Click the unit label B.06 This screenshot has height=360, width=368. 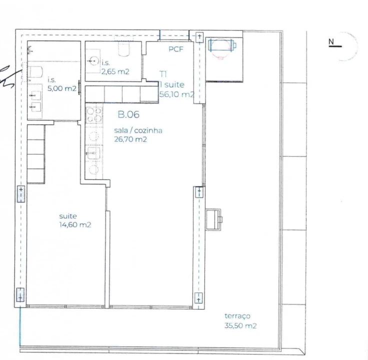tap(128, 114)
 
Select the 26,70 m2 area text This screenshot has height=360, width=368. tap(130, 140)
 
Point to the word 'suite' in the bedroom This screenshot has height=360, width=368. tap(68, 216)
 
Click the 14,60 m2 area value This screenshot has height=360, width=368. tap(75, 225)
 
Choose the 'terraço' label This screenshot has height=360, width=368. tap(237, 316)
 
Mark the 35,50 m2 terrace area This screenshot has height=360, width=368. tap(240, 326)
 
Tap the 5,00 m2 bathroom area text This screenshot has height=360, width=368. tap(62, 89)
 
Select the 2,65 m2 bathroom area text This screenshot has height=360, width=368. tap(115, 71)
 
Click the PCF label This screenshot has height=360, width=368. tap(176, 49)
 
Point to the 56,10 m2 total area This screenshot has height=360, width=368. tap(176, 94)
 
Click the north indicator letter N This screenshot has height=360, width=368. tap(331, 41)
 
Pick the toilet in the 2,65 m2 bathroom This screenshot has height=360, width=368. tap(124, 48)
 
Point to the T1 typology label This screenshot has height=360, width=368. tap(163, 73)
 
